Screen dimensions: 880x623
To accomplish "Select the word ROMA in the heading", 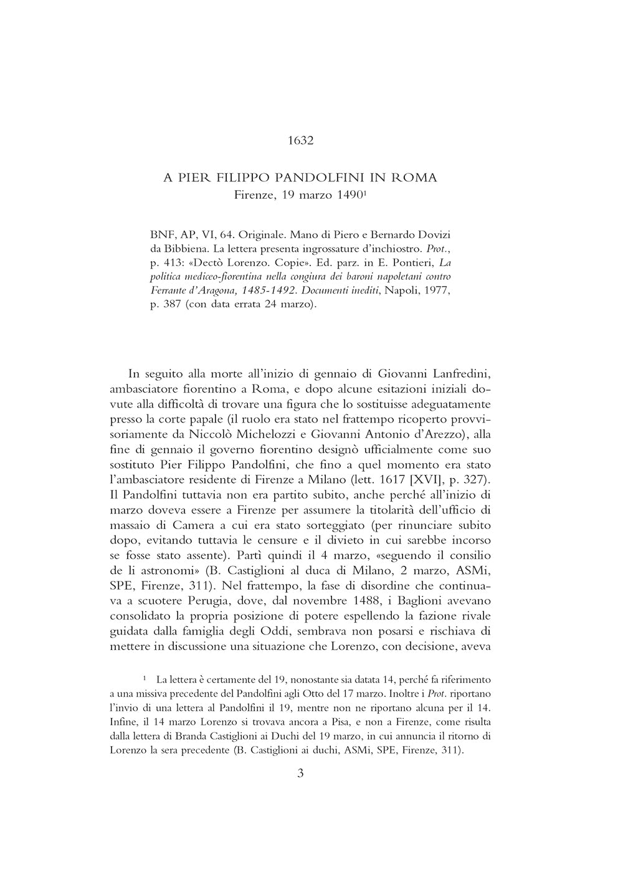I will [x=414, y=178].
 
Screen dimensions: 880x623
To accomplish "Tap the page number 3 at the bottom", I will [x=300, y=774].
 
